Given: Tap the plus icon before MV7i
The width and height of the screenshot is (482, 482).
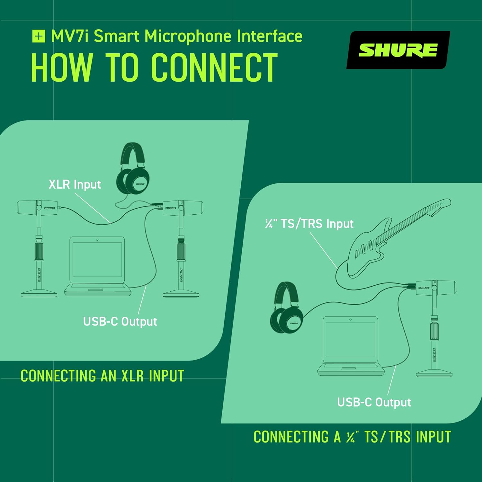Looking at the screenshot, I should click(39, 36).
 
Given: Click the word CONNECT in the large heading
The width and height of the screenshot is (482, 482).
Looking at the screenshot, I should click(214, 68).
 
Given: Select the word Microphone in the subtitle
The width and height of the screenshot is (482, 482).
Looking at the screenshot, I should click(188, 36).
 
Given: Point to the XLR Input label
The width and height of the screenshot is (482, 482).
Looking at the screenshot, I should click(75, 184).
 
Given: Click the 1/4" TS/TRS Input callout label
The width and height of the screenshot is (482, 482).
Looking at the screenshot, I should click(309, 224).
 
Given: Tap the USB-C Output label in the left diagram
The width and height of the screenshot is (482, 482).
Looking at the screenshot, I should click(120, 321).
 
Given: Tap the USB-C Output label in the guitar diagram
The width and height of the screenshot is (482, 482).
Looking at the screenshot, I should click(374, 402).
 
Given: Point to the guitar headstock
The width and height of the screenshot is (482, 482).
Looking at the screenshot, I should click(439, 206).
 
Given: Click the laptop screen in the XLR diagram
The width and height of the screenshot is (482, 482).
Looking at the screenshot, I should click(97, 260).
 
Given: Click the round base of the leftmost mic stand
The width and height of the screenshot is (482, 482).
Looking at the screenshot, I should click(39, 293).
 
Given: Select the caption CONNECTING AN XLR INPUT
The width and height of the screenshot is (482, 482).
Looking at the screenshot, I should click(102, 376).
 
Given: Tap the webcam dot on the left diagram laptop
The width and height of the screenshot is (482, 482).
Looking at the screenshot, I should click(97, 240).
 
